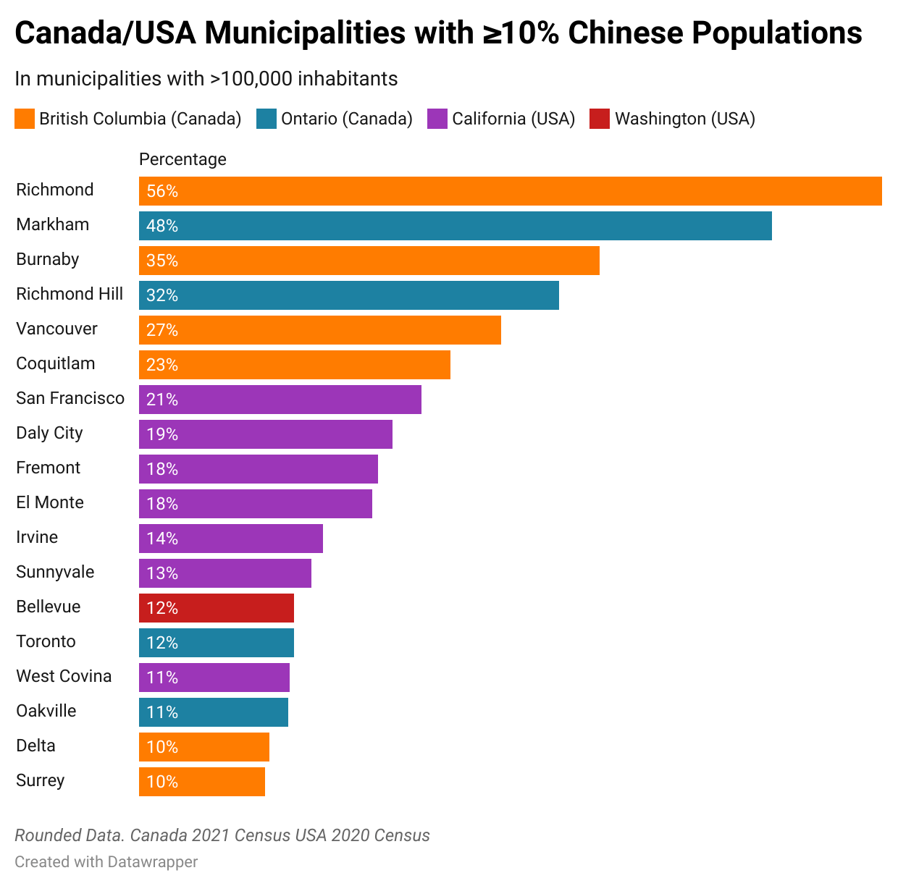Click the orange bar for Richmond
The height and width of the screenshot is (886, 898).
[510, 191]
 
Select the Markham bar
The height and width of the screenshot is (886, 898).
[455, 226]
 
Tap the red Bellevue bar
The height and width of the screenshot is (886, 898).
[216, 608]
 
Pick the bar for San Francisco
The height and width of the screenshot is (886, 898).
[280, 400]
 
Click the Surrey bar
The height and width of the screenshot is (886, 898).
[201, 782]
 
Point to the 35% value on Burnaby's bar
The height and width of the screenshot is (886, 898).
[162, 261]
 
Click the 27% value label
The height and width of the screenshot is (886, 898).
[162, 330]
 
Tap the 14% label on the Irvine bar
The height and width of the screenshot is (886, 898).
[162, 539]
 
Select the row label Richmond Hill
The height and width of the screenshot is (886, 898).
[70, 294]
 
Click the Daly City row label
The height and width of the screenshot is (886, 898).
[49, 433]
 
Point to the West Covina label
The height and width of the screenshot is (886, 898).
[64, 676]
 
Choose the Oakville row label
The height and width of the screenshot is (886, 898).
[46, 711]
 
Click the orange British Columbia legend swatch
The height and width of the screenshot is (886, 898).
[25, 119]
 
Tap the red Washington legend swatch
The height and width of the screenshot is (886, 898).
[600, 119]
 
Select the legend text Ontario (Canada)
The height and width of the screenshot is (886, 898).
[346, 119]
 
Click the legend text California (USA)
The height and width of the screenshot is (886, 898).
[513, 119]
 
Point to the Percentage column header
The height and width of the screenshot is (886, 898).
[182, 159]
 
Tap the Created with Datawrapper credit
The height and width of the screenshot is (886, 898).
[106, 861]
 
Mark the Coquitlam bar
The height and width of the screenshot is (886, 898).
[294, 365]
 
